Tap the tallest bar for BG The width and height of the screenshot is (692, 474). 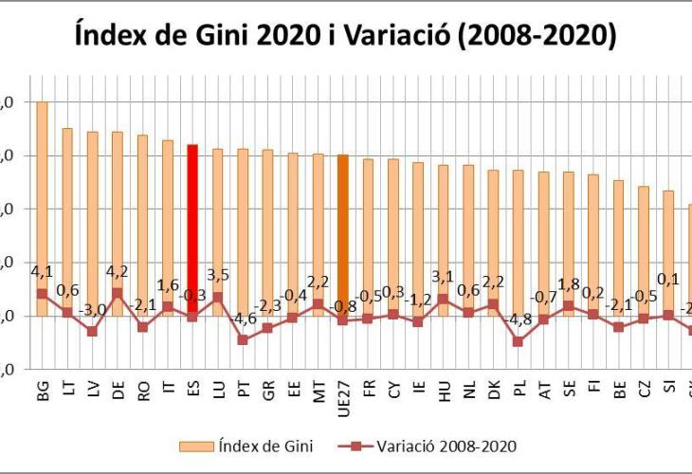42,190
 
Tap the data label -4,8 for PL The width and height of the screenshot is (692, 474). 518,321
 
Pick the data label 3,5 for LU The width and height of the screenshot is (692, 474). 217,277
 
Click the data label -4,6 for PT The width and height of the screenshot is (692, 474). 243,319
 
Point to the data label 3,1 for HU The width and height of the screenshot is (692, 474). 443,278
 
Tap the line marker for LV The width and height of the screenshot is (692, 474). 92,331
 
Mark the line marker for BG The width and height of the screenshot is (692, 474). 42,293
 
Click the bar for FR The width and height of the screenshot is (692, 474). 368,237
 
